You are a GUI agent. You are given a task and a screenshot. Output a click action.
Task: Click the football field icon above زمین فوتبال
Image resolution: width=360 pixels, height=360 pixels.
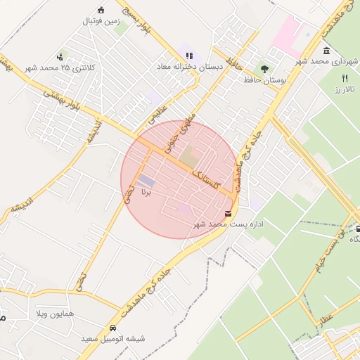pyautogui.click(x=101, y=10)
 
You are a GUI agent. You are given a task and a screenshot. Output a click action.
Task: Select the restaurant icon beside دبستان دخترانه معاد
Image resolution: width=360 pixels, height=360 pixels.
pyautogui.click(x=188, y=55)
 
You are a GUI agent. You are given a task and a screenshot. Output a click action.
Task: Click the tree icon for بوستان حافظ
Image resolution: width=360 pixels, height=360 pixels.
pyautogui.click(x=264, y=69)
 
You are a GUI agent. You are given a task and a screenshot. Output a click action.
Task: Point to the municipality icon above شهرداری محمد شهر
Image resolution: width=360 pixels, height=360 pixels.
pyautogui.click(x=327, y=51)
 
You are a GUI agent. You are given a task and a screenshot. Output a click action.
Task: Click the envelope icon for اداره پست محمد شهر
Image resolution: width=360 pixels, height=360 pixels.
pyautogui.click(x=229, y=213)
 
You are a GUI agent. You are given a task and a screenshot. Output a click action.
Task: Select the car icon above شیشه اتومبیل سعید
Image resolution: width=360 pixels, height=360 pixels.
pyautogui.click(x=112, y=328)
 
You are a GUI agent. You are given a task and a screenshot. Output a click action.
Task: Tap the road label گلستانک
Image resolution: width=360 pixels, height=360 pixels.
pyautogui.click(x=206, y=176)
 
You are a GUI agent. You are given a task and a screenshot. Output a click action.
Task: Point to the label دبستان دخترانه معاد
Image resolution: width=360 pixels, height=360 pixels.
pyautogui.click(x=189, y=67)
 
